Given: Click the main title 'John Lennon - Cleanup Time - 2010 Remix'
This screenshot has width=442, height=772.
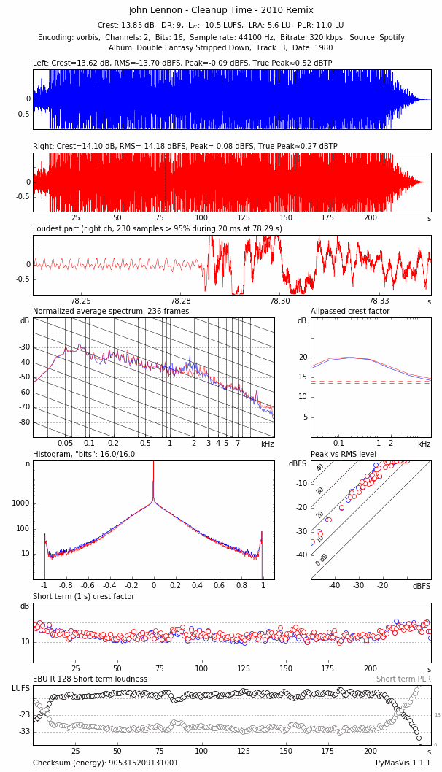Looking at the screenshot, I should click(221, 10).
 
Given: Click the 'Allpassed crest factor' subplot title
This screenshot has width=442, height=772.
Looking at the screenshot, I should click(350, 312).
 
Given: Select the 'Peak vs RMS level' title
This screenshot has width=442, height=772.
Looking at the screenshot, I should click(344, 454).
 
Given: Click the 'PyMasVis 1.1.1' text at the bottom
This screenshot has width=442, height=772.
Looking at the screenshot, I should click(403, 763).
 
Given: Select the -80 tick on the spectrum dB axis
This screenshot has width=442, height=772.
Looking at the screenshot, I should click(25, 422).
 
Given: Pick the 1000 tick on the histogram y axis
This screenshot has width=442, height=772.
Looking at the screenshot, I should click(20, 503).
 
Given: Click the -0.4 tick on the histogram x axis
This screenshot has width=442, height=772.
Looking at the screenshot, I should click(108, 585).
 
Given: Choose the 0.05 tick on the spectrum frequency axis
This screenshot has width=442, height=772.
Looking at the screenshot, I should click(66, 444).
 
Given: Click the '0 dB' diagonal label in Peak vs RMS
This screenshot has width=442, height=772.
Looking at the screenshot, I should click(322, 559).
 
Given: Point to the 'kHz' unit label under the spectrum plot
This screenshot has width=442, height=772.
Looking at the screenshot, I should click(268, 444).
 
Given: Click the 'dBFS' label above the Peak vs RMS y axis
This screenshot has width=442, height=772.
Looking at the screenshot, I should click(298, 464).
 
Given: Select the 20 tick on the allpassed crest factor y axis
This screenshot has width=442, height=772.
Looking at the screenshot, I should click(303, 357).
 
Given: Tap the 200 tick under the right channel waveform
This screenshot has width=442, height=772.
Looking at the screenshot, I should click(371, 218).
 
